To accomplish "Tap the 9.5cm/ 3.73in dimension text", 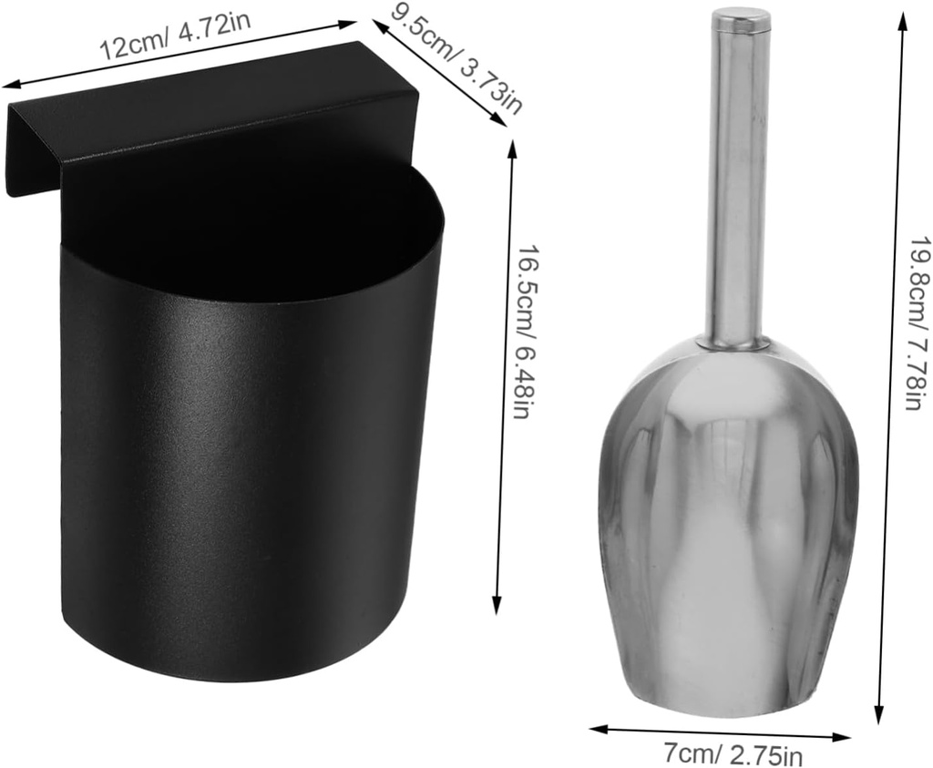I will [x=456, y=59].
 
